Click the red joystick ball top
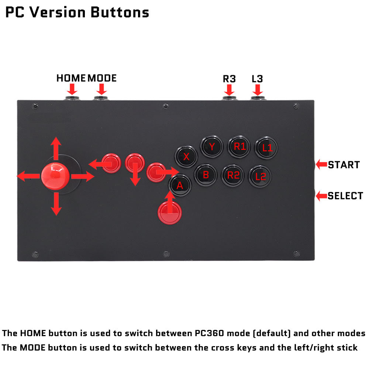[55, 176]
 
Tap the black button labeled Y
[211, 146]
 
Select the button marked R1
[239, 147]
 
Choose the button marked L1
[266, 148]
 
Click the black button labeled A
[180, 186]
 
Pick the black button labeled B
[206, 175]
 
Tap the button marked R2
[233, 176]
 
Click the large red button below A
[170, 213]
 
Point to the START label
[344, 165]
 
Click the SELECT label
[345, 196]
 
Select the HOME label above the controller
[71, 78]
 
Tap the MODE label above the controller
[102, 78]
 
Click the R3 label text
[229, 79]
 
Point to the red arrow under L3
[258, 90]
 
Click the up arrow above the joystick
[56, 148]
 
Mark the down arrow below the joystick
[56, 204]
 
